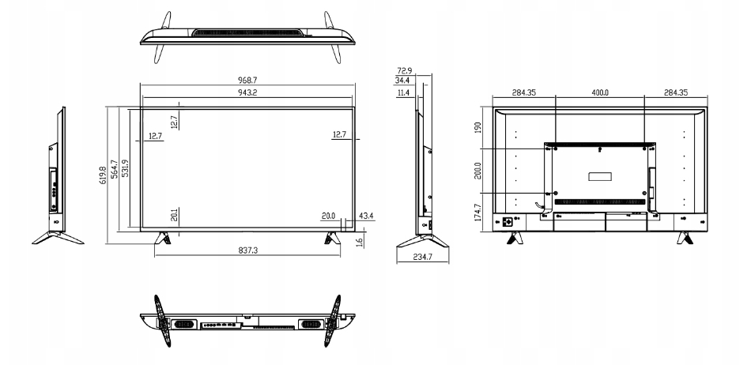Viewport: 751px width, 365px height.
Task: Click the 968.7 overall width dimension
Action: (247, 81)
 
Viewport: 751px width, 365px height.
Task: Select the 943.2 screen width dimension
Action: (247, 92)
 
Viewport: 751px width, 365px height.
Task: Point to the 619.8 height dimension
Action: (104, 175)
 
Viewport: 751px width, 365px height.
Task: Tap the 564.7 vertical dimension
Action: (115, 169)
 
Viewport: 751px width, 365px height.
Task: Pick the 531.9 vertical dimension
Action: (125, 169)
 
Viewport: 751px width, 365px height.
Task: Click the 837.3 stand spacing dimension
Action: (247, 250)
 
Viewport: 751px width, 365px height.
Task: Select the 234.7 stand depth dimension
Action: (422, 257)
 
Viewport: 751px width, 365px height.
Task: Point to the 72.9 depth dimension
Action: (404, 71)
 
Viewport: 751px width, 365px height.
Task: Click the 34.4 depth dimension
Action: (402, 81)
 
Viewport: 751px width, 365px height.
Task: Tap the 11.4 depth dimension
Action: (403, 92)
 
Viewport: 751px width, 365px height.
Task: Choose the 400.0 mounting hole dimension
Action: (600, 92)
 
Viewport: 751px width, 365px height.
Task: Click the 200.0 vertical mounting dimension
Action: (478, 171)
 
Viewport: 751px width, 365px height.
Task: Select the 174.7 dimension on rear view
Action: (478, 213)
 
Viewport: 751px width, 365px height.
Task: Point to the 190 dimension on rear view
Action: (478, 127)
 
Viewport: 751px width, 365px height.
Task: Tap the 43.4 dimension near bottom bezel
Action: (366, 216)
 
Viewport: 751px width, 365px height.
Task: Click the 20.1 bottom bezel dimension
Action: (175, 215)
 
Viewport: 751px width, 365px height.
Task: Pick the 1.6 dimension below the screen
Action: (360, 242)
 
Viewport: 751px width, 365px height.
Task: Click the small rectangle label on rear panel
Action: (600, 176)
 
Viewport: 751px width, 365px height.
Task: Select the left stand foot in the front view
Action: (162, 238)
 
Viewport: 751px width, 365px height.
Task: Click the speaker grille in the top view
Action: (247, 33)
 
